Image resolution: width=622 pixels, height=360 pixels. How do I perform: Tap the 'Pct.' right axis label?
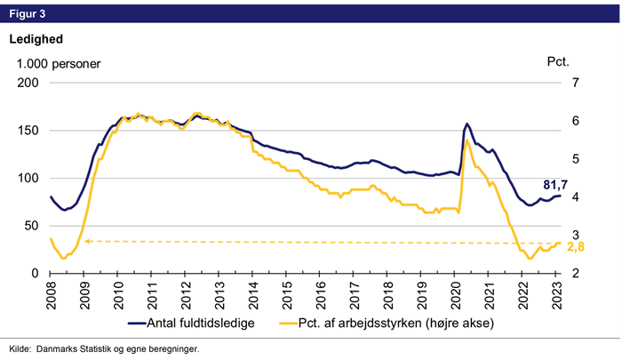(557, 63)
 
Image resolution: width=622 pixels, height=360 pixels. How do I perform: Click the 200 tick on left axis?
(30, 83)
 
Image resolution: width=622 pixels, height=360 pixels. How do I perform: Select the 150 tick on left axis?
(30, 131)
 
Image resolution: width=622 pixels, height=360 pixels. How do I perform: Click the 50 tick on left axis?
(34, 226)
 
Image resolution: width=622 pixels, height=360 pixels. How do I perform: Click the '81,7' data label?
(556, 185)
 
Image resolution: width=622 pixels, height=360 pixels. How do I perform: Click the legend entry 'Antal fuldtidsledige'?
(197, 324)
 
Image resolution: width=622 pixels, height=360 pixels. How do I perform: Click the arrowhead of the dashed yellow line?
(86, 240)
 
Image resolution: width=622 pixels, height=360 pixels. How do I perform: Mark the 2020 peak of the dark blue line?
(467, 124)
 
